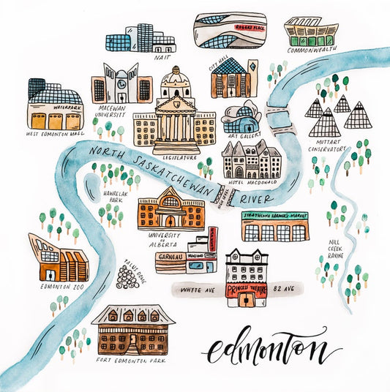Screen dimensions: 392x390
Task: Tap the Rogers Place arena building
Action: [x=230, y=31]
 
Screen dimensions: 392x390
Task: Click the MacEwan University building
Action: [x=122, y=85]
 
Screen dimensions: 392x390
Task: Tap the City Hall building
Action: [x=233, y=79]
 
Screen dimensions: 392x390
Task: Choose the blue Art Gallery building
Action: [x=241, y=118]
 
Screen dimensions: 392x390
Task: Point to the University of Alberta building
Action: [x=170, y=208]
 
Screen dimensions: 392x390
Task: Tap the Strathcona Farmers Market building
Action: [x=275, y=227]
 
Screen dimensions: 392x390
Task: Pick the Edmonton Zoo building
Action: [x=58, y=257]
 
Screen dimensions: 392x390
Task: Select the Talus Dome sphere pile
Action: [x=129, y=276]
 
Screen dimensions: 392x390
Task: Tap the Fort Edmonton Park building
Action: [x=133, y=331]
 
